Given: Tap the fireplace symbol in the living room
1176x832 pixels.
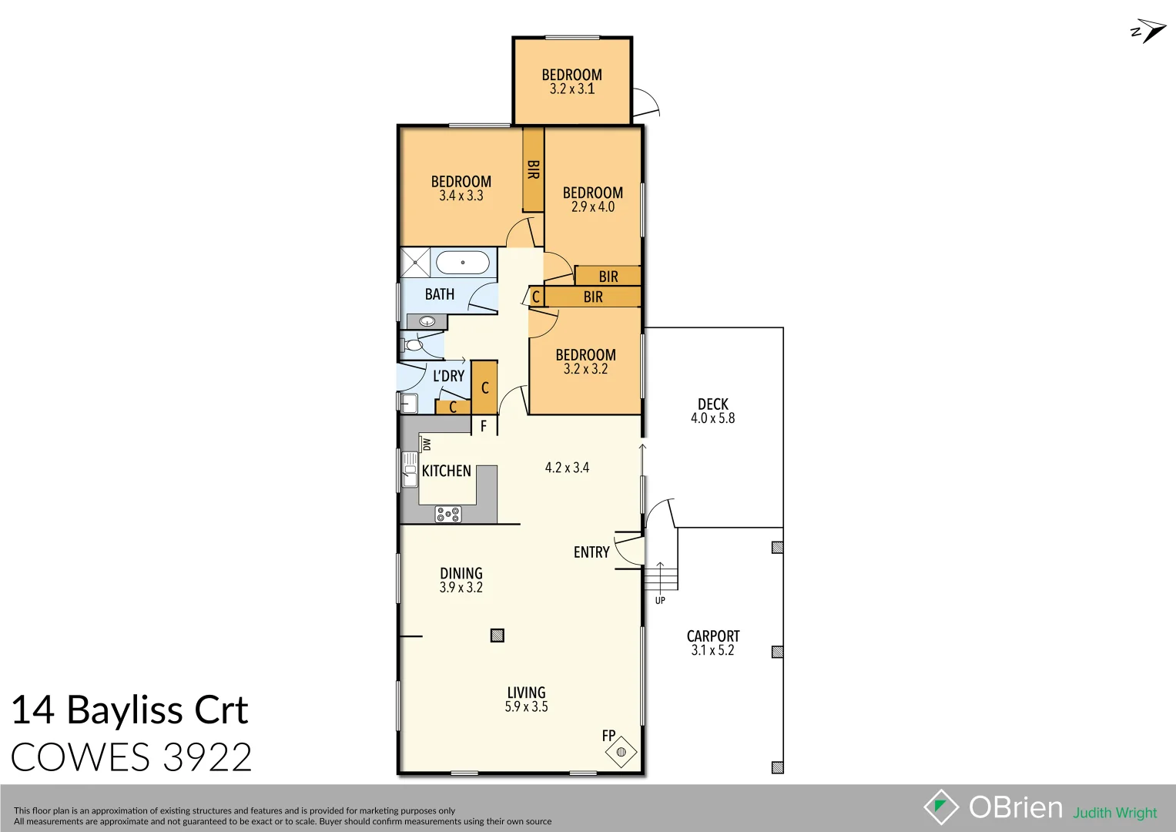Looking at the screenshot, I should click(x=622, y=751).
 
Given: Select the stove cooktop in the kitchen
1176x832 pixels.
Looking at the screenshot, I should click(x=448, y=514).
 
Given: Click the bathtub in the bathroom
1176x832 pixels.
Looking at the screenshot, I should click(x=462, y=263).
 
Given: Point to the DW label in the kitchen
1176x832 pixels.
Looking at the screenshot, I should click(x=427, y=445).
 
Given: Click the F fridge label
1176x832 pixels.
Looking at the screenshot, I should click(x=484, y=426).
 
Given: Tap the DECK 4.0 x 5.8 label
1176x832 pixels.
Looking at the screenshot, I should click(x=712, y=411).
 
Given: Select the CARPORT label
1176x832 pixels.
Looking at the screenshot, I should click(x=712, y=636).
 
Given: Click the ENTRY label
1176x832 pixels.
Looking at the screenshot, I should click(x=591, y=552).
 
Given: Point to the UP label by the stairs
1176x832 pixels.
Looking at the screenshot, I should click(x=660, y=601).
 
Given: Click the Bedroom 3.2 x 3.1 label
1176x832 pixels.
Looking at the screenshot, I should click(x=571, y=82).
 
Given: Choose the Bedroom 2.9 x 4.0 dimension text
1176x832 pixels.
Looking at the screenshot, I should click(x=593, y=207).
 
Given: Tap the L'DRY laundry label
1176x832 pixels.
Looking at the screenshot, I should click(x=448, y=376).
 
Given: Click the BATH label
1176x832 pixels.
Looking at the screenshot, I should click(x=440, y=294).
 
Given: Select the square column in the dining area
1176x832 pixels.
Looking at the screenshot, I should click(x=498, y=636).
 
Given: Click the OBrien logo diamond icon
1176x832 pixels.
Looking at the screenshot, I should click(x=941, y=807).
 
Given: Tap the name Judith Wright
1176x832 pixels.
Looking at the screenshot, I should click(x=1114, y=813).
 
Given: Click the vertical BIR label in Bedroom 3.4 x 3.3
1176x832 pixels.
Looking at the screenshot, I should click(x=533, y=169).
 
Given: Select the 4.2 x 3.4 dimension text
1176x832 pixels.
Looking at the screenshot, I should click(x=567, y=468).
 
